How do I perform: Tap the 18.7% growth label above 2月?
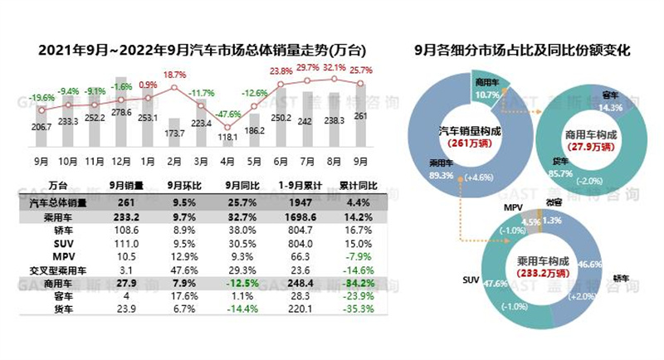pyautogui.click(x=173, y=75)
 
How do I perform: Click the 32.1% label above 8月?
pyautogui.click(x=334, y=67)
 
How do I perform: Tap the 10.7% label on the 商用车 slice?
pyautogui.click(x=486, y=95)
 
